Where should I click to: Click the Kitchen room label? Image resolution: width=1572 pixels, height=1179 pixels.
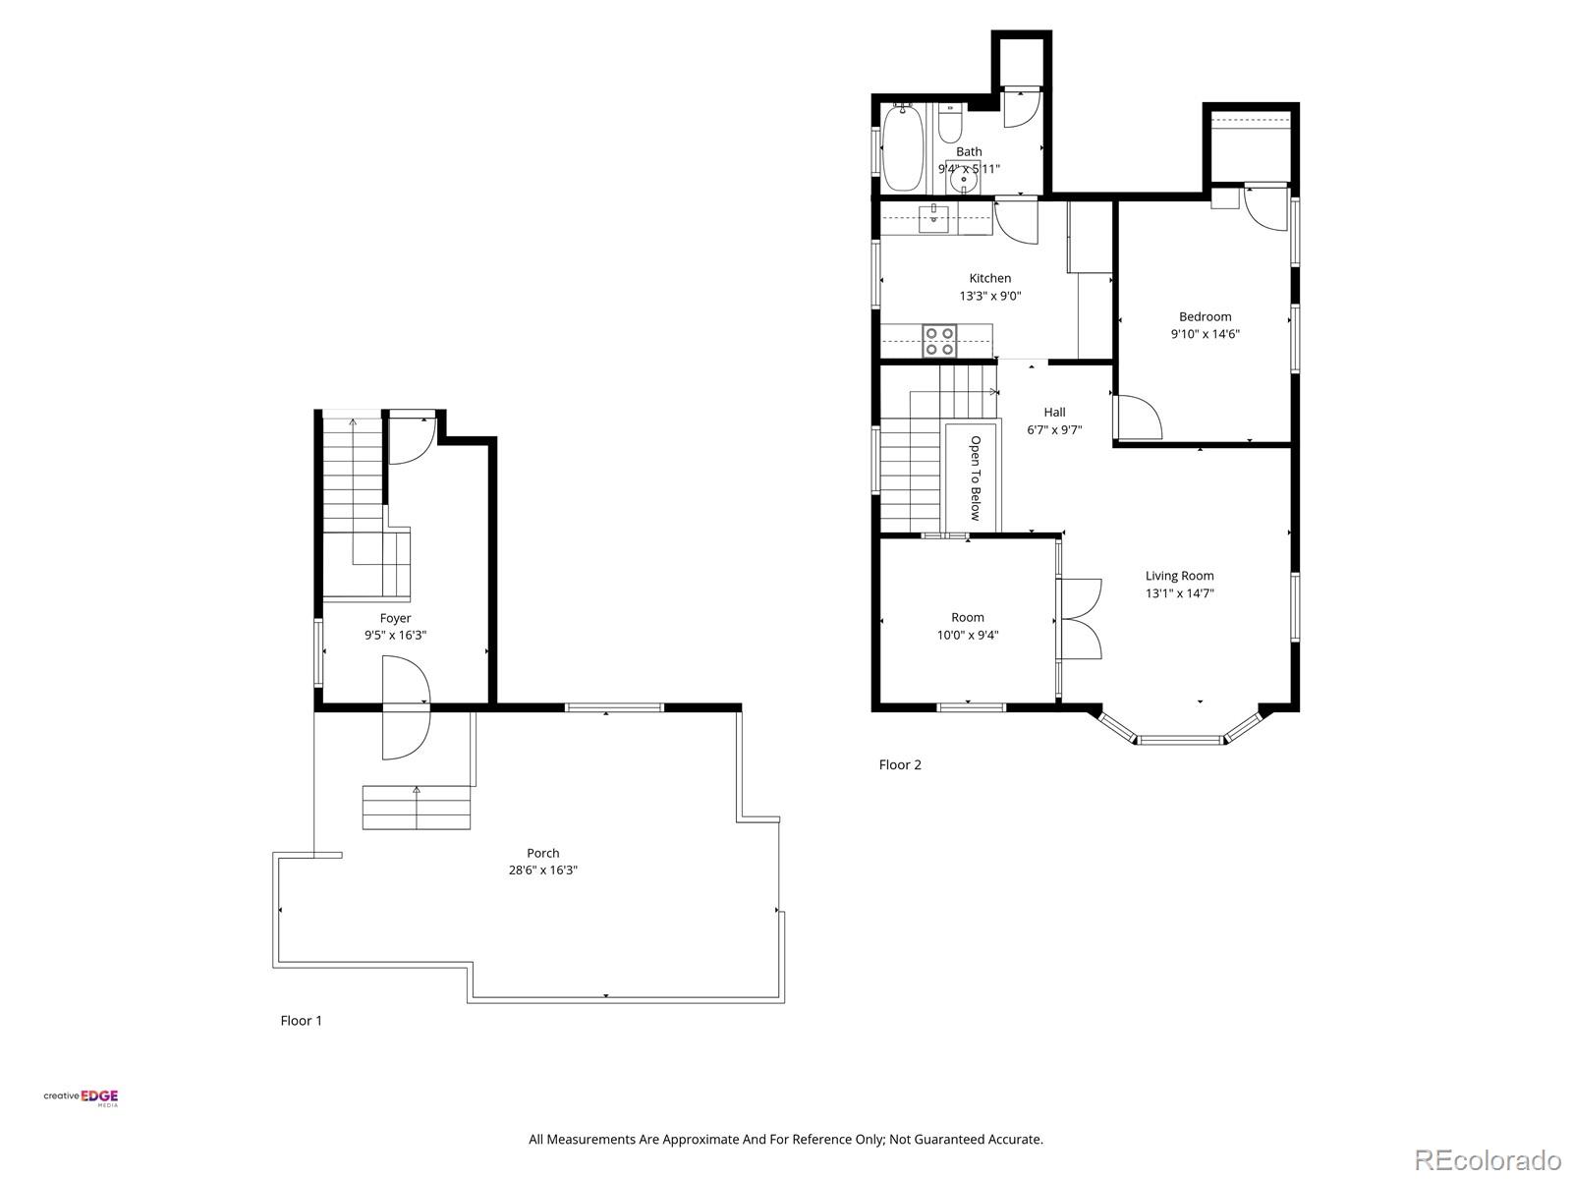point(989,278)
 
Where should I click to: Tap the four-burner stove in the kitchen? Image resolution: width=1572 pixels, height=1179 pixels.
point(939,340)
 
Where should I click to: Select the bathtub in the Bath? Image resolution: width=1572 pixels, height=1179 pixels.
point(902,148)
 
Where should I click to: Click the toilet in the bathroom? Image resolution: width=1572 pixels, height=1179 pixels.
point(949,126)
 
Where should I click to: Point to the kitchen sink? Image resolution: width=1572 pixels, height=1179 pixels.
point(933,219)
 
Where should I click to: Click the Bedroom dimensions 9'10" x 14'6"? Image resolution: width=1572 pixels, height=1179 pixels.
point(1205,334)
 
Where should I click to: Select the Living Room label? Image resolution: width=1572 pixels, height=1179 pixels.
point(1179,576)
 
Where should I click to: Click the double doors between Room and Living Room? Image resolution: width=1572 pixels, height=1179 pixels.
point(1081,619)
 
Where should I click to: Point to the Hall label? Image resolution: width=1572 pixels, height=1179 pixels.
point(1054,412)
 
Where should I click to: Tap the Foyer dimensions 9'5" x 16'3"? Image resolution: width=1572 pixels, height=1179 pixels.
point(395,636)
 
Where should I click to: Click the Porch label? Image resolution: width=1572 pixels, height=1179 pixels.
point(542,853)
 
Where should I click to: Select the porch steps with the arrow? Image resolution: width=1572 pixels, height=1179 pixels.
point(417,808)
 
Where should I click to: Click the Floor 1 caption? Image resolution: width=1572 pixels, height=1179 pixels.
point(301,1021)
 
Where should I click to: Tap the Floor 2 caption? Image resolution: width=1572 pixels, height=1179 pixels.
point(900,764)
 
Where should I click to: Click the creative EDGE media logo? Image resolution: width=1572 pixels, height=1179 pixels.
point(81,1097)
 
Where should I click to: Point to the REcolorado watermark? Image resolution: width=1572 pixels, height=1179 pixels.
point(1488,1160)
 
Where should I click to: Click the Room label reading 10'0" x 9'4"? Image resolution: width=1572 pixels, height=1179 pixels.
point(967,635)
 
